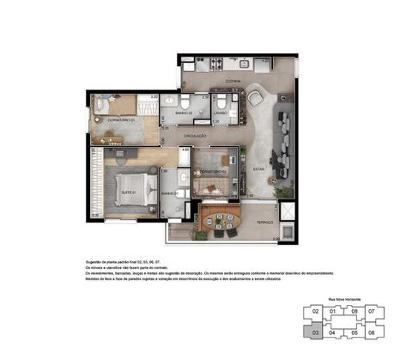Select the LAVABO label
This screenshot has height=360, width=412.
click(x=220, y=113)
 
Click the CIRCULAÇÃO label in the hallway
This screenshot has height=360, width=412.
click(x=197, y=136)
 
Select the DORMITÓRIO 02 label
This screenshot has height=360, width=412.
click(x=213, y=171)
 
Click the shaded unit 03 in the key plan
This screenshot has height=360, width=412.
click(x=316, y=332)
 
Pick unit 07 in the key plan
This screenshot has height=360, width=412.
click(x=372, y=311)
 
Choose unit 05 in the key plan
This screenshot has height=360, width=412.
click(x=354, y=332)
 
